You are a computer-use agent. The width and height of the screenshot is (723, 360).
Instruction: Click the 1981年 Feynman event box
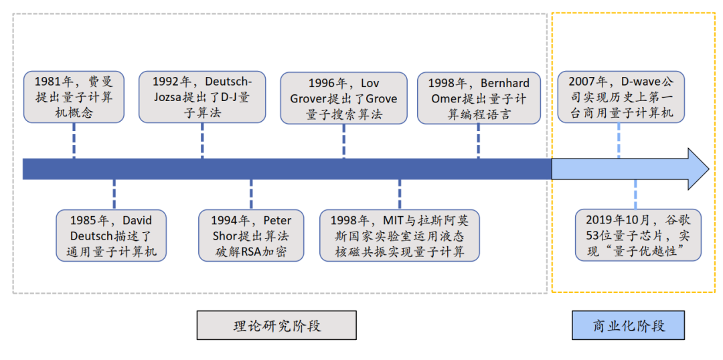coord(74,97)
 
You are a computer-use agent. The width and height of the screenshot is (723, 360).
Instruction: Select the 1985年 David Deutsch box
coord(110,236)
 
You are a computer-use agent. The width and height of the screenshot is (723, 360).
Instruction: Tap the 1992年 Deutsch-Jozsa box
coord(202,97)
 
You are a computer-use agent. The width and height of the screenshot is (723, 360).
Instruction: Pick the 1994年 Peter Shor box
coord(251,236)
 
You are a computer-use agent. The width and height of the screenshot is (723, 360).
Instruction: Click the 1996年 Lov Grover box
coord(343,98)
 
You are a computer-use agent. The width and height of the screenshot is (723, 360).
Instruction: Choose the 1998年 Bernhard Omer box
coord(479,98)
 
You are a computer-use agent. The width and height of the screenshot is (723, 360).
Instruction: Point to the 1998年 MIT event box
coord(399,236)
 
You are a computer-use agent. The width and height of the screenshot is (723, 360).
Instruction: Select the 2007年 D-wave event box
coord(621,97)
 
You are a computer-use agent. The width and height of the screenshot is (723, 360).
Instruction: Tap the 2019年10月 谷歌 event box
coord(638,236)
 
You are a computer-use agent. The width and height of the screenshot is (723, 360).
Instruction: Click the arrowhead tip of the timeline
coord(709,169)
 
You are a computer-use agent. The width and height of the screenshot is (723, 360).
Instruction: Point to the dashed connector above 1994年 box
coord(251,195)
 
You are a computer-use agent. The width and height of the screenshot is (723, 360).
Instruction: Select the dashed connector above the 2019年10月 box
coord(635,195)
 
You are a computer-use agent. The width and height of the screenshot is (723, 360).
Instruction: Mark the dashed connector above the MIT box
coord(399,195)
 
